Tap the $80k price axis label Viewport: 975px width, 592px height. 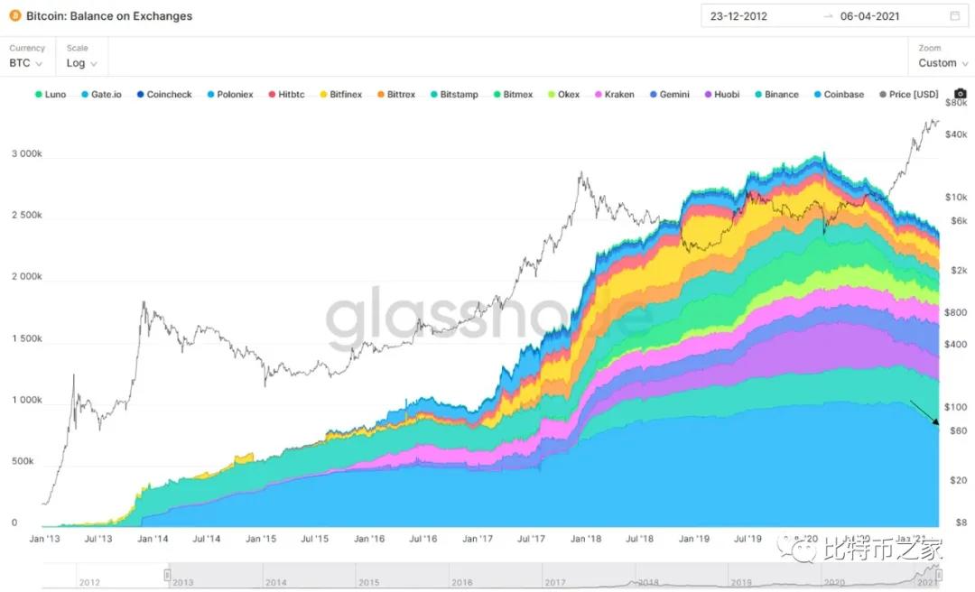(x=956, y=104)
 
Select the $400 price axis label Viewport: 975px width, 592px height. (x=956, y=344)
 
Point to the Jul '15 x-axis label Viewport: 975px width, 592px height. (x=315, y=539)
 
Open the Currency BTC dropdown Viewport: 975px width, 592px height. (x=26, y=63)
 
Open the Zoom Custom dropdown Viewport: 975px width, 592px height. (x=942, y=63)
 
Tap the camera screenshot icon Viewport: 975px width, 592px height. (x=960, y=94)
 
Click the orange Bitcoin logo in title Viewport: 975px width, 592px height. (x=14, y=16)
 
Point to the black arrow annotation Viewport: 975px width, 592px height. (x=925, y=414)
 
